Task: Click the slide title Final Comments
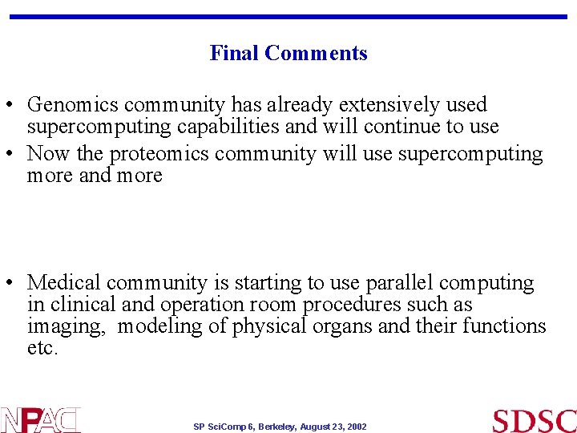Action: pos(288,53)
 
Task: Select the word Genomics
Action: pos(73,105)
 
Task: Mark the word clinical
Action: pos(79,305)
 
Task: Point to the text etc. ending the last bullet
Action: pos(42,348)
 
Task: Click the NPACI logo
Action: pos(40,420)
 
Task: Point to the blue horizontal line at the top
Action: pos(288,17)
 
